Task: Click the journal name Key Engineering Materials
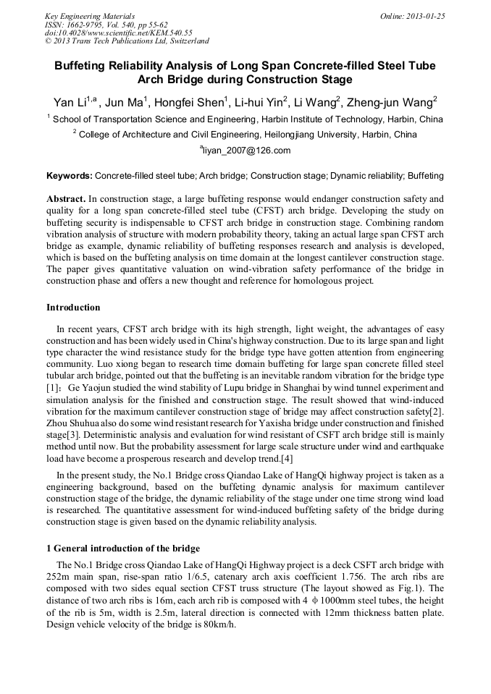tap(90, 16)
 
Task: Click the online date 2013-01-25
tap(423, 16)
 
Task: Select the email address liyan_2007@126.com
tap(246, 151)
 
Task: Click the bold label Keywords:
tap(70, 176)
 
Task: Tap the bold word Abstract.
tap(66, 198)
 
